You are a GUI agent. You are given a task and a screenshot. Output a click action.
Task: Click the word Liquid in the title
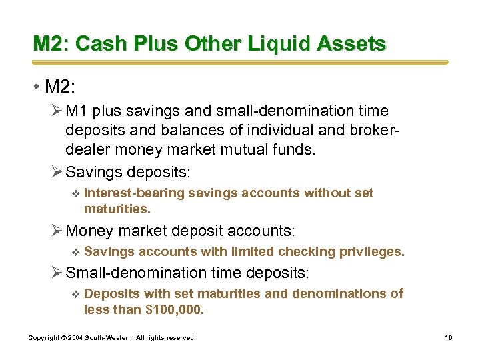coord(282,44)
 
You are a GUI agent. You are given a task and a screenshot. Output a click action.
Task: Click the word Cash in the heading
coord(102,44)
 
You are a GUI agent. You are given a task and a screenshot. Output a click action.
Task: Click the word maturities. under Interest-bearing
coord(117,209)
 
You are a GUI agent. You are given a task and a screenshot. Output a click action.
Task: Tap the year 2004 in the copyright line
coord(76,338)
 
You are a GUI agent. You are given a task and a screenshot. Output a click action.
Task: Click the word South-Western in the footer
coord(110,338)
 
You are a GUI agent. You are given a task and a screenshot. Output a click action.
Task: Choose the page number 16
coord(448,338)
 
